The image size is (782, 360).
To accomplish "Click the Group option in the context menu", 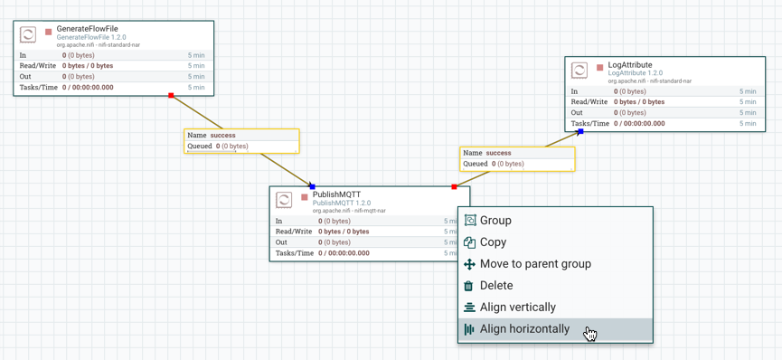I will pos(495,221).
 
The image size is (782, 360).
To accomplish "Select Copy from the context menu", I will pos(493,242).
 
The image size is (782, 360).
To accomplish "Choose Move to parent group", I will pos(535,264).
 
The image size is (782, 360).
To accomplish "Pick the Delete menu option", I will pos(496,286).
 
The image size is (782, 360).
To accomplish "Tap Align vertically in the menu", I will pos(518,308).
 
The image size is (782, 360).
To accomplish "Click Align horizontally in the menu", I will pos(524,329).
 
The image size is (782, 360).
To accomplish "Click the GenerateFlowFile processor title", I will pos(87,29).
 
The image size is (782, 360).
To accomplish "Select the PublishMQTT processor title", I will pos(336,194).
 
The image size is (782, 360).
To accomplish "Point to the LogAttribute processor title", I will pos(630,65).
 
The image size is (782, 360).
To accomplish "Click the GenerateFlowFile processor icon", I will pos(28,34).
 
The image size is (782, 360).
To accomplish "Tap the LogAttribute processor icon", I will pos(579,71).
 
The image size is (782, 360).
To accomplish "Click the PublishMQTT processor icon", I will pos(284,200).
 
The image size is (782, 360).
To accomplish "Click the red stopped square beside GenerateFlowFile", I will pos(49,33).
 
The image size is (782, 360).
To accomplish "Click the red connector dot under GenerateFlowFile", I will pos(171,95).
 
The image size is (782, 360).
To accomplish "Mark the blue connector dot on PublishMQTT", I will pos(312,186).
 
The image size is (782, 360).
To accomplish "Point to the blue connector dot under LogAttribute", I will pos(580,131).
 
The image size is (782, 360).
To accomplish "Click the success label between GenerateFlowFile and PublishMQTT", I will pos(222,136).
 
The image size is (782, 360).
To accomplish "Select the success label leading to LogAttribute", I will pos(498,154).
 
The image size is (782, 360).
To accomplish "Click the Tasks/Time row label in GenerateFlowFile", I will pos(38,88).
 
